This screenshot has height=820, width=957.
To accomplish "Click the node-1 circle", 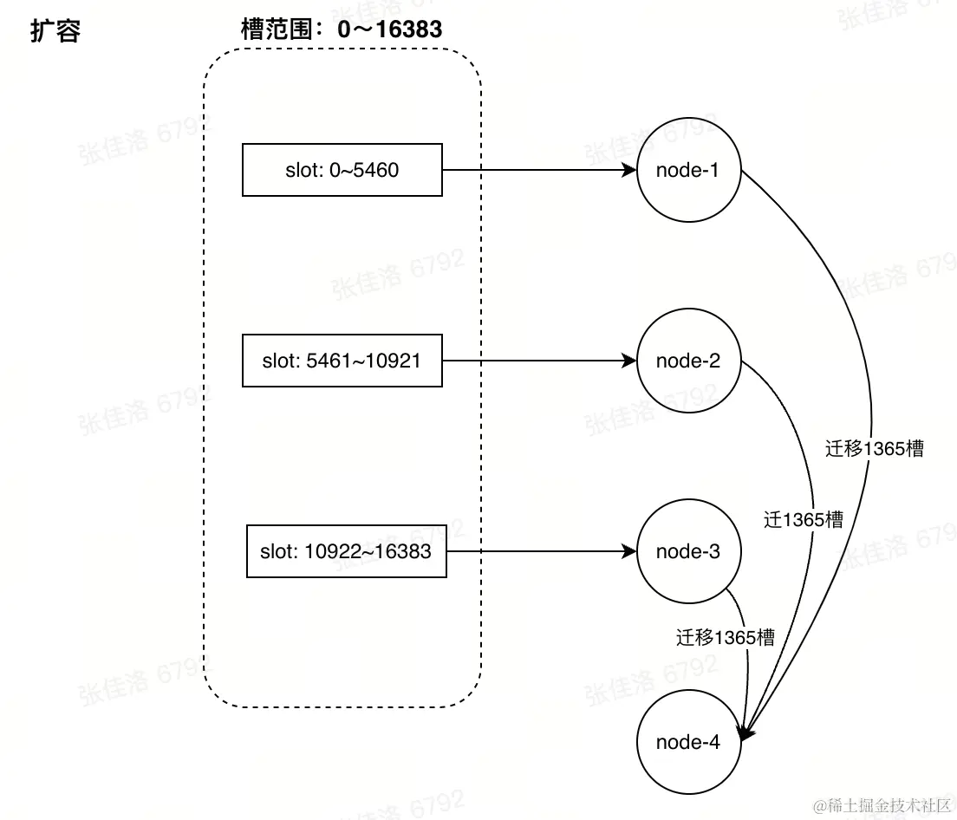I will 688,171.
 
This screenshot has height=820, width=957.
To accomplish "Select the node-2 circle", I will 688,361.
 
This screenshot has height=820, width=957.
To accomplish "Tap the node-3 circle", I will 688,551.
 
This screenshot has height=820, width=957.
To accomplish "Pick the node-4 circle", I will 688,742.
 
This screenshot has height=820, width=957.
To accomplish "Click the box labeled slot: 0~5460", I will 342,171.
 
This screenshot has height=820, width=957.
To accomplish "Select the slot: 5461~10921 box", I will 342,360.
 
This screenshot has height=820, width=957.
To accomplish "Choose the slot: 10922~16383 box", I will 346,550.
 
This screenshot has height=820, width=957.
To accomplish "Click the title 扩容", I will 55,32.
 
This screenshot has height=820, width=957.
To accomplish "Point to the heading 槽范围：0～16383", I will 342,29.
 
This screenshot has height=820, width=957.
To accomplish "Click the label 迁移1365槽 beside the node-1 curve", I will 875,448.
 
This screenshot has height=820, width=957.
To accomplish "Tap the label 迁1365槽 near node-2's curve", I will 804,519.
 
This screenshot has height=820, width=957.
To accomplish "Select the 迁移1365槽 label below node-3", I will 726,637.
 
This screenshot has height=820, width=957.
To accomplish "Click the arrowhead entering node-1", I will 629,171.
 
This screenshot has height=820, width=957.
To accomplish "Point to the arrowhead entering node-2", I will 629,361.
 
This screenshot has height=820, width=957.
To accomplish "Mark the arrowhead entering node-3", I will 629,551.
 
